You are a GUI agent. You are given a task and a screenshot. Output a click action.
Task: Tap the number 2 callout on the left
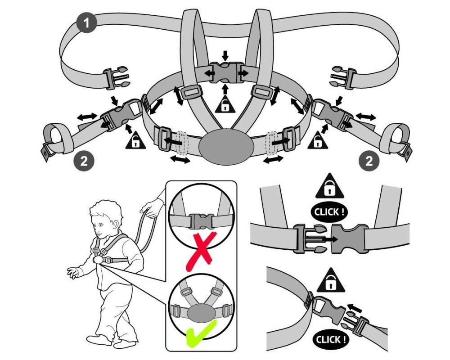pyautogui.click(x=84, y=161)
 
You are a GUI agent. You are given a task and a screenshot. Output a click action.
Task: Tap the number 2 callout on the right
pyautogui.click(x=369, y=161)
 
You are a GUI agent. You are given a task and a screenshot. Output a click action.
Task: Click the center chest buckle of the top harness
pyautogui.click(x=225, y=72)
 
